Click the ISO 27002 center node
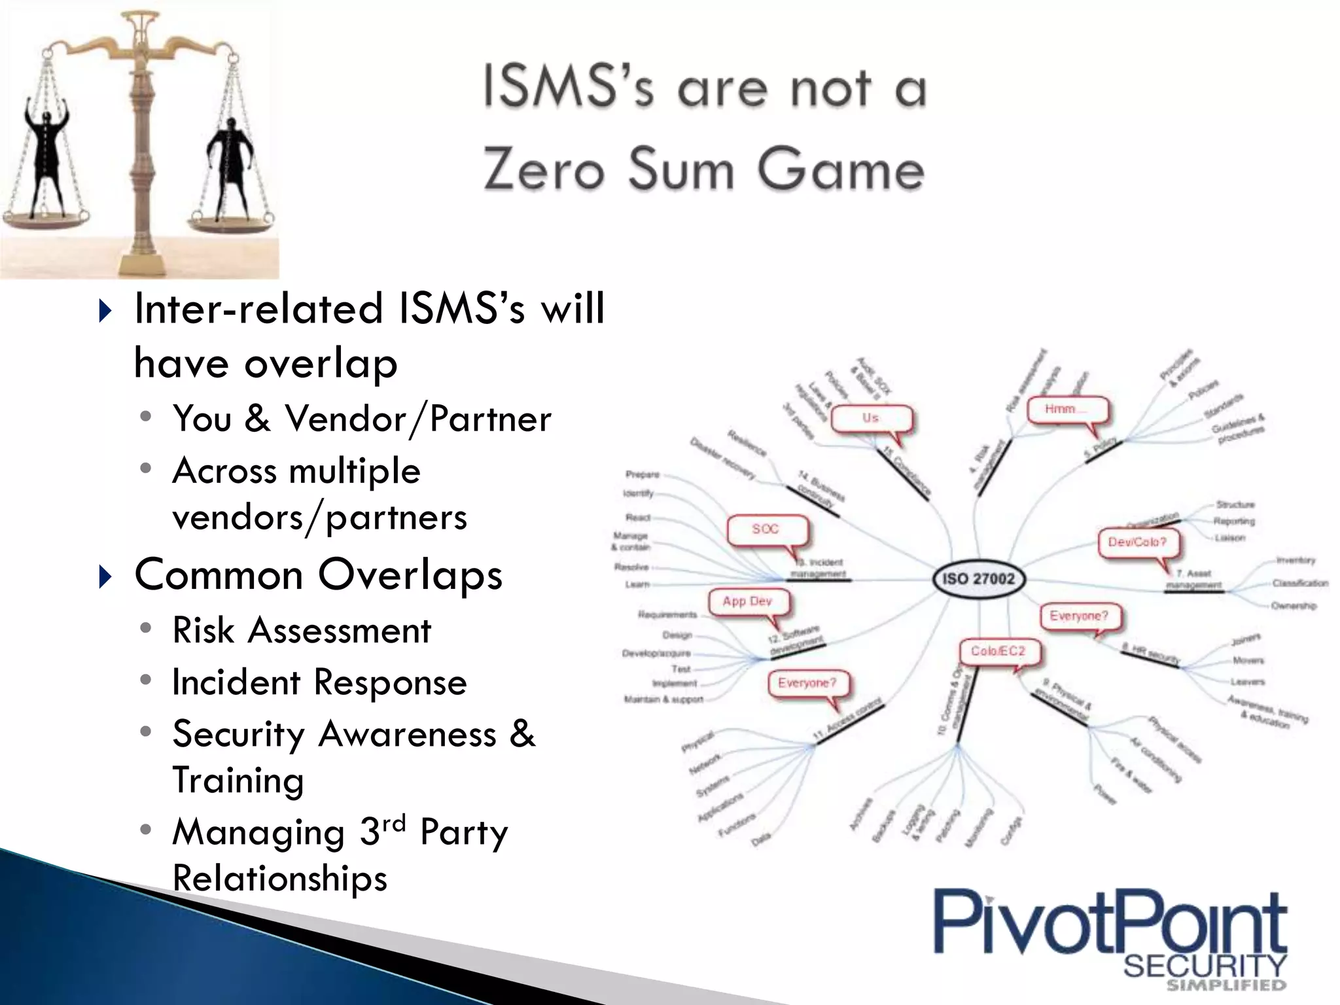pos(978,578)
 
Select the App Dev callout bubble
pos(748,601)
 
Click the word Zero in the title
pos(543,169)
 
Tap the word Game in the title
pos(841,169)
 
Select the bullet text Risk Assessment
pos(302,631)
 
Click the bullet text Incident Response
pos(319,682)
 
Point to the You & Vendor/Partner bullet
pos(362,419)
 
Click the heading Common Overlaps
pos(318,575)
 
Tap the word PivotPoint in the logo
pos(1109,925)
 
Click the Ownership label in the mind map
pos(1294,606)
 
